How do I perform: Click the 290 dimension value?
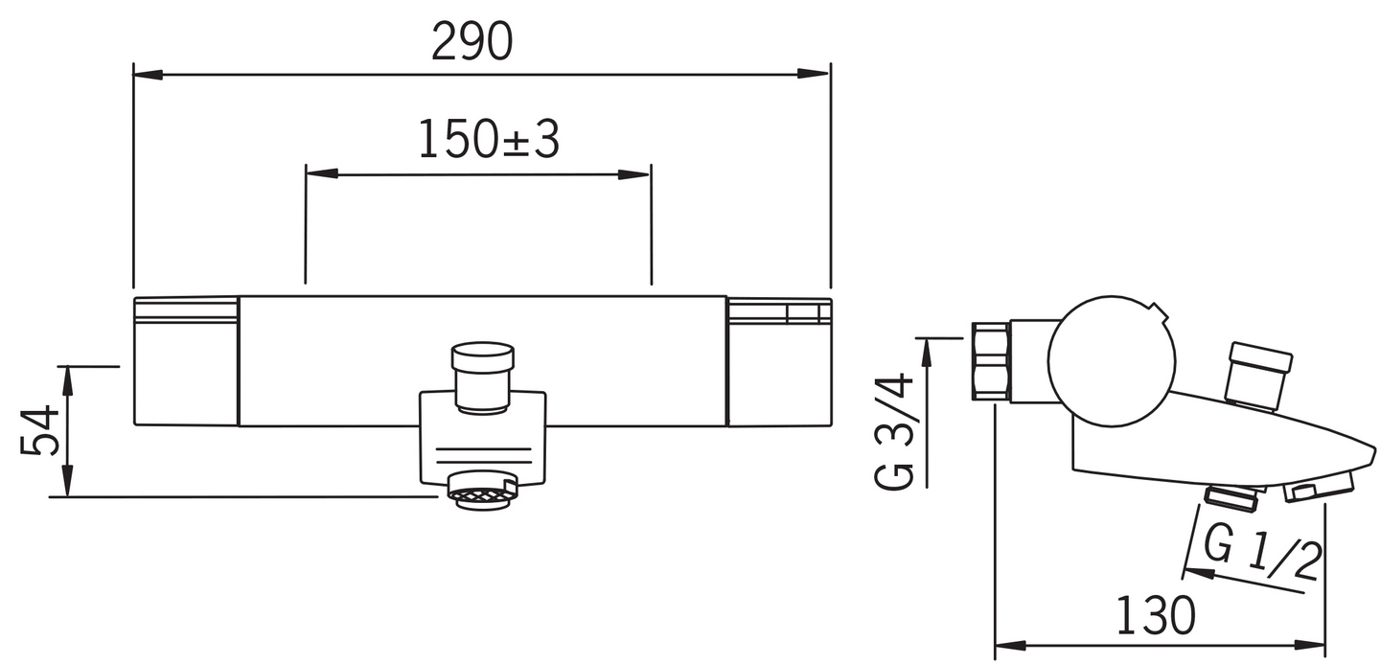[x=472, y=42]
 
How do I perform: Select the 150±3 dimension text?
[x=488, y=141]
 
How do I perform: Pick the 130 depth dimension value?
[x=1157, y=615]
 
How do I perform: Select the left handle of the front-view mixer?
[x=185, y=361]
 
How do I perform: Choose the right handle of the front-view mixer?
[x=778, y=361]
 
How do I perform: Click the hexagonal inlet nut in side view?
[x=990, y=360]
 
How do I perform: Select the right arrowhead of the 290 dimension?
[x=816, y=73]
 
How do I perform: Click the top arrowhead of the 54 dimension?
[x=67, y=378]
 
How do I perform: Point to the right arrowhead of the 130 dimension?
[x=1312, y=645]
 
